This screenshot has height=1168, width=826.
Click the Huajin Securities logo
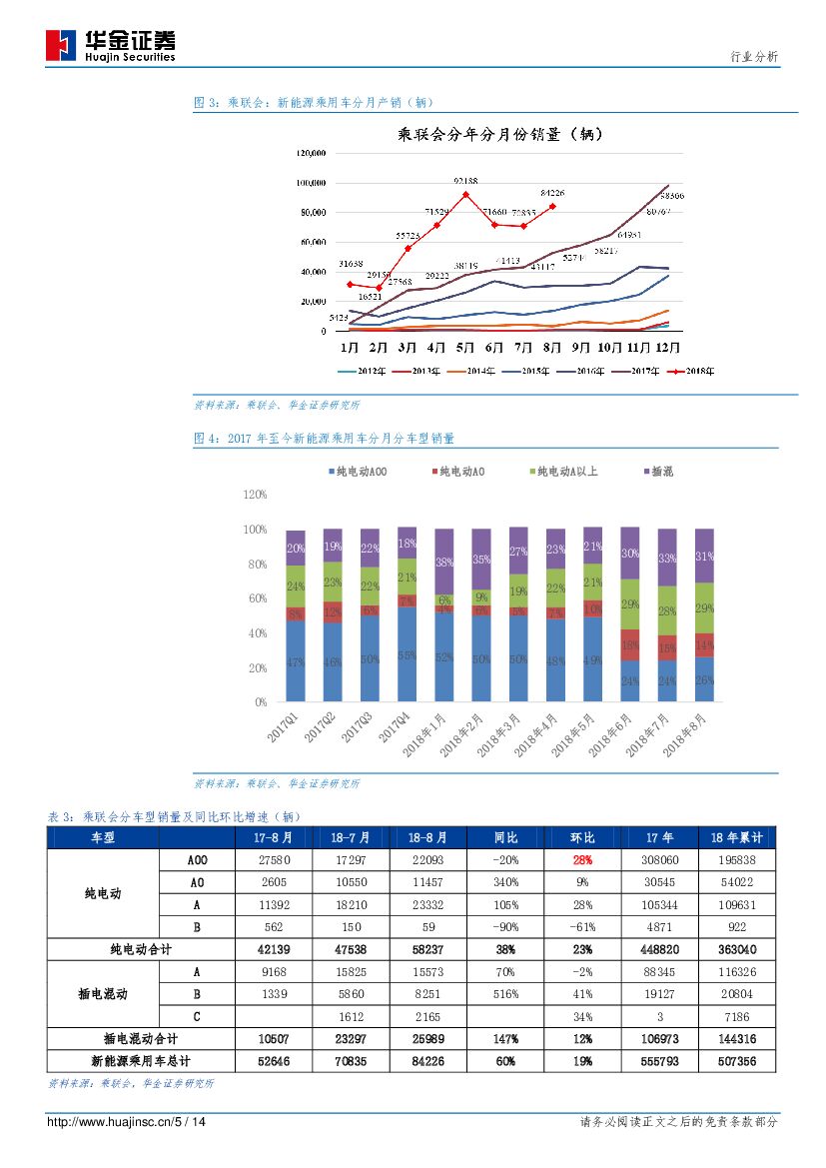point(110,45)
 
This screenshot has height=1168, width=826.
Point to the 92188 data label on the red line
point(465,181)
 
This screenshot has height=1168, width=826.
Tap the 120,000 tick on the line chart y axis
point(311,153)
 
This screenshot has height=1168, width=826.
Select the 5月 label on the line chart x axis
point(464,348)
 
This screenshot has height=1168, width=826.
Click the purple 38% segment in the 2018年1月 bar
point(443,562)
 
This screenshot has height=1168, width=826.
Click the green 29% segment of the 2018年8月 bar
point(704,608)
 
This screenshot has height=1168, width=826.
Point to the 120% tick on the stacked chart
point(255,495)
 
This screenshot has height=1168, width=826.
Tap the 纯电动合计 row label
point(141,949)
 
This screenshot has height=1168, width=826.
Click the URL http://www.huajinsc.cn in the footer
point(110,1122)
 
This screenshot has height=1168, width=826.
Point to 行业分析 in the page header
point(754,57)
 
